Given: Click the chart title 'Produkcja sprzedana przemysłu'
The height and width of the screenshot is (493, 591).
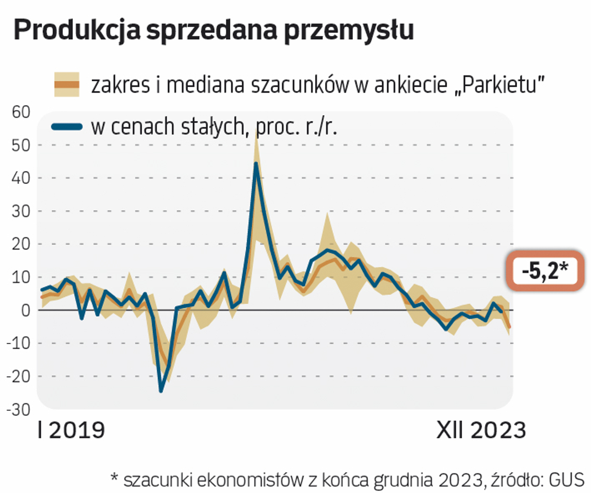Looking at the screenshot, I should [213, 30].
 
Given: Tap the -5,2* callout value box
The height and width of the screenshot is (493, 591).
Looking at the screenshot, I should [545, 271].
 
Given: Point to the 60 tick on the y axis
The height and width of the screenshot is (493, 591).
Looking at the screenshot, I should [21, 112].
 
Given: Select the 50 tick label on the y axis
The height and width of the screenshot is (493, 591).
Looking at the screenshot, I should [21, 145].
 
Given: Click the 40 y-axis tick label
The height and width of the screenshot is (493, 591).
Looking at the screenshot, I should [21, 178].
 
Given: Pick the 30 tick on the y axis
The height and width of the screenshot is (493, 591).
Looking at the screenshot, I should [21, 211].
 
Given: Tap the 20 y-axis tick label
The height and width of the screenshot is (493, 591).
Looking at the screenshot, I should [21, 244].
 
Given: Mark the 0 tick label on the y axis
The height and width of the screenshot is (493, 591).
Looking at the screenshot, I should [26, 310].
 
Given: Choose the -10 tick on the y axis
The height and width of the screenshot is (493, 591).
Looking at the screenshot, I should [18, 343].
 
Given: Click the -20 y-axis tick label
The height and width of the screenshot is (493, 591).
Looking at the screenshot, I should [18, 376].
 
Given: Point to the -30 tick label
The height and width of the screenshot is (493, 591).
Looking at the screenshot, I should [18, 409].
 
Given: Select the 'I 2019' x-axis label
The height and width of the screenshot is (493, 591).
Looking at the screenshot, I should [72, 430].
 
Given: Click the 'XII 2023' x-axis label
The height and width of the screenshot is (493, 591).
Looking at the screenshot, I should [481, 430].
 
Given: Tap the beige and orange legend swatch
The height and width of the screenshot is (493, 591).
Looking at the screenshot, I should [67, 84].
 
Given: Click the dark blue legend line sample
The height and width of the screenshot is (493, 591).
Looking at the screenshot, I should [67, 127].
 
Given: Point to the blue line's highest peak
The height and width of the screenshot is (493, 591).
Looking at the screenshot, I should [256, 163].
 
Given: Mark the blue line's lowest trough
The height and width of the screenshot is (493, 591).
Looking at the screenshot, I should [161, 391].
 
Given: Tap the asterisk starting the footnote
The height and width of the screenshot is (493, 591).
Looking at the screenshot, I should [115, 478].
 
